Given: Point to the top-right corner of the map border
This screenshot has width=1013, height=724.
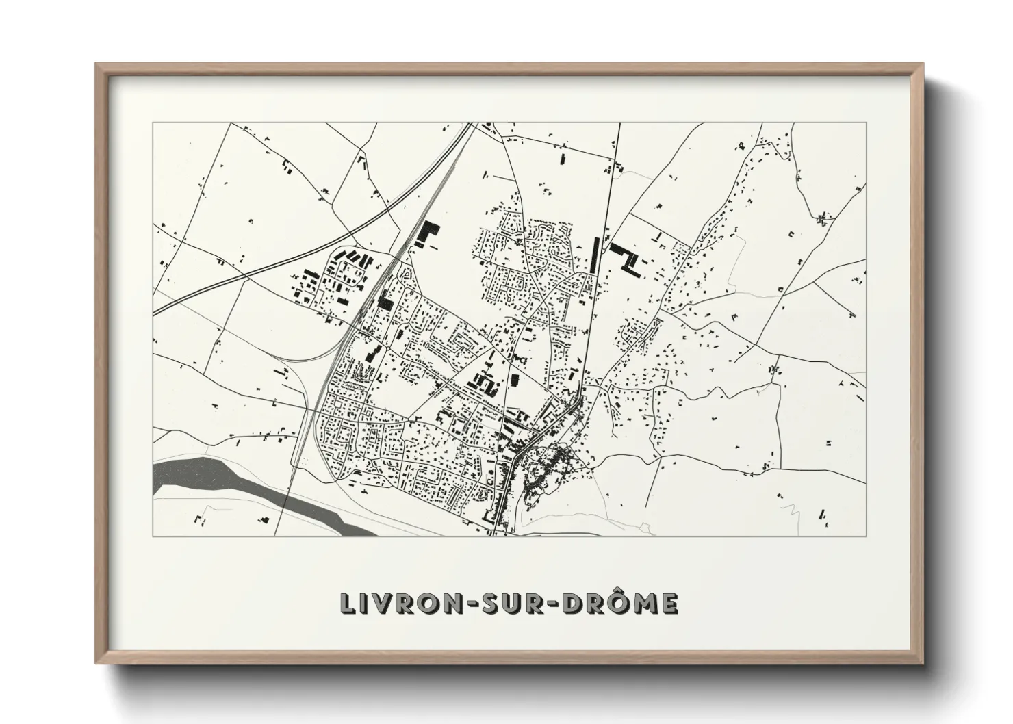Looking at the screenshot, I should [x=865, y=123].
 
